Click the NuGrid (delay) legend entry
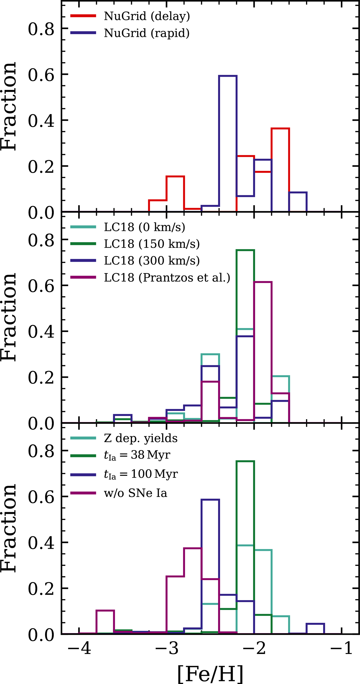[147, 16]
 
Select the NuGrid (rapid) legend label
[147, 33]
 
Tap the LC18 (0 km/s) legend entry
[144, 227]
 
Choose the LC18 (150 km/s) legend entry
[151, 244]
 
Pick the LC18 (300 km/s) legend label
[151, 261]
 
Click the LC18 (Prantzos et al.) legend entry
[167, 278]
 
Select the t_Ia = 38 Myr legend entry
[137, 455]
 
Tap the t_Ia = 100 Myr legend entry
[141, 474]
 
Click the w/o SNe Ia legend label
[135, 493]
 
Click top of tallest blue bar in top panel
[228, 76]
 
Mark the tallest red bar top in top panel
[280, 128]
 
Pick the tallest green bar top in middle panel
[245, 250]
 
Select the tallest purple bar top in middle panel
[263, 282]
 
